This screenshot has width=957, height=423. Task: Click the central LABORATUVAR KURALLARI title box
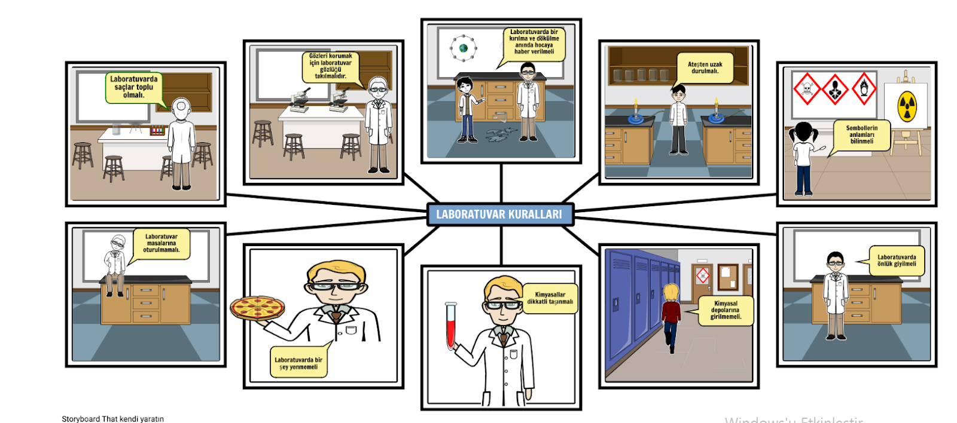coord(500,214)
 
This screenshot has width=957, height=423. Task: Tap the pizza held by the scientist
coord(257,307)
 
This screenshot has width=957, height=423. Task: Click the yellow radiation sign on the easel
coord(907,106)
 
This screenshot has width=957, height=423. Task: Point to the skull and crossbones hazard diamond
coord(806,89)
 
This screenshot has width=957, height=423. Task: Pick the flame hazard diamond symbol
coord(864,88)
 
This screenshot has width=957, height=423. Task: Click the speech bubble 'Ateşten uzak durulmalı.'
coord(705,68)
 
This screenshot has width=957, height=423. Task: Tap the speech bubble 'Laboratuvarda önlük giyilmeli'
coord(896,260)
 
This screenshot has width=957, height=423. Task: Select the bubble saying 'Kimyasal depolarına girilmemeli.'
coord(725,310)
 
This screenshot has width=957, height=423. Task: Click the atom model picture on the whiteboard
coord(463,47)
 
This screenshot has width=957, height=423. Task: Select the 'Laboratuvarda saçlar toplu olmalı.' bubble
coord(133,87)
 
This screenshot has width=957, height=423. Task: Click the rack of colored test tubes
coord(157,130)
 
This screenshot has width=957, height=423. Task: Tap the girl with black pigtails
coord(801,158)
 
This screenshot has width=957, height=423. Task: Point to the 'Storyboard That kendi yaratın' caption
coord(112,419)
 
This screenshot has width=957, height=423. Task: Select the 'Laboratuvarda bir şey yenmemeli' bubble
coord(298,363)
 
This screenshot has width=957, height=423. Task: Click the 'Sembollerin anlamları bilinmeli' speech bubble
coord(861,134)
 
